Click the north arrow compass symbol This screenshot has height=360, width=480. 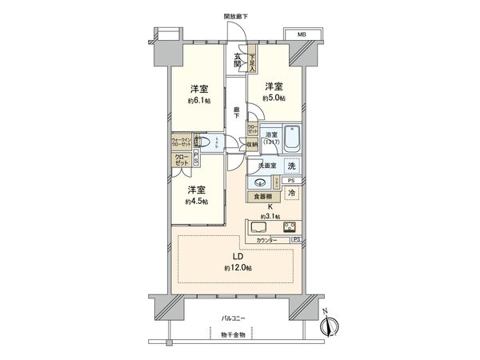[x=332, y=326]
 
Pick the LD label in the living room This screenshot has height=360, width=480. [x=238, y=256]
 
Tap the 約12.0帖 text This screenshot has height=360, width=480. [x=238, y=267]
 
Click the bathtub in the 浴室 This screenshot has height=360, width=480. [x=292, y=142]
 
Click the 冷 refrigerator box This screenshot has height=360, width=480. [x=293, y=194]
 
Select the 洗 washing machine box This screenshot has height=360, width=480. [x=292, y=166]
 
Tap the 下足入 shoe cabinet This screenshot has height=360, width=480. [x=251, y=60]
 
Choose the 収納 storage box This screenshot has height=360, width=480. [x=251, y=145]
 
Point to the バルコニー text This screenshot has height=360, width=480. [x=234, y=318]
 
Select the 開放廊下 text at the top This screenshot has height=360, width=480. [x=236, y=16]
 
